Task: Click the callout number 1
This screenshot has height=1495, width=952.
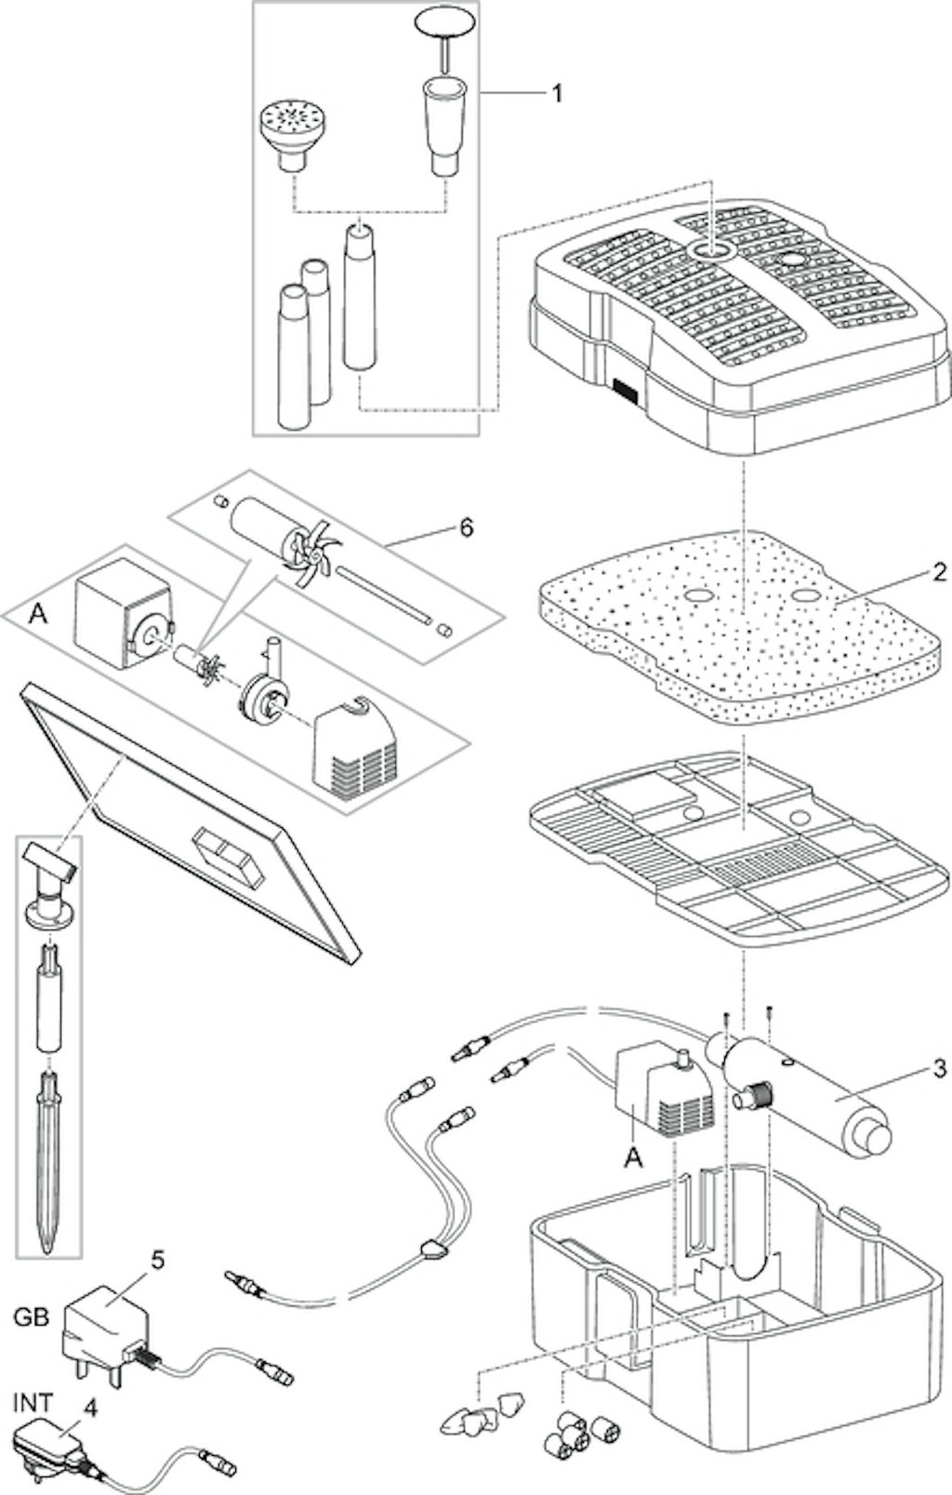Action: click(556, 93)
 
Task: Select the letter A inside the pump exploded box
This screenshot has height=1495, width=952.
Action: click(39, 616)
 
